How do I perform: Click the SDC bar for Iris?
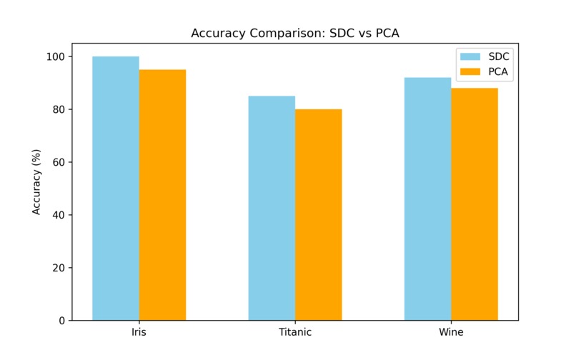point(116,189)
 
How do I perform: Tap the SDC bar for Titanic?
point(272,208)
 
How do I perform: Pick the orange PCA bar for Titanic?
point(319,214)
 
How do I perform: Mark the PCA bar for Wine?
point(475,204)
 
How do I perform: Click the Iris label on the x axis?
point(139,333)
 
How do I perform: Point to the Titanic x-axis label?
point(295,333)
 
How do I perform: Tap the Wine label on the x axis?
point(451,333)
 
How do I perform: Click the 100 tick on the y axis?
point(55,56)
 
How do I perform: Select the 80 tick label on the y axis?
point(58,109)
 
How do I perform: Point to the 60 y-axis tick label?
point(58,162)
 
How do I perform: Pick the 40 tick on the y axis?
point(58,215)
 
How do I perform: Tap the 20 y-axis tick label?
point(58,268)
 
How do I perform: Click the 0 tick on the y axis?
point(61,321)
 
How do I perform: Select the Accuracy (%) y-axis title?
point(36,181)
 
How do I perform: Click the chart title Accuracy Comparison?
point(295,34)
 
